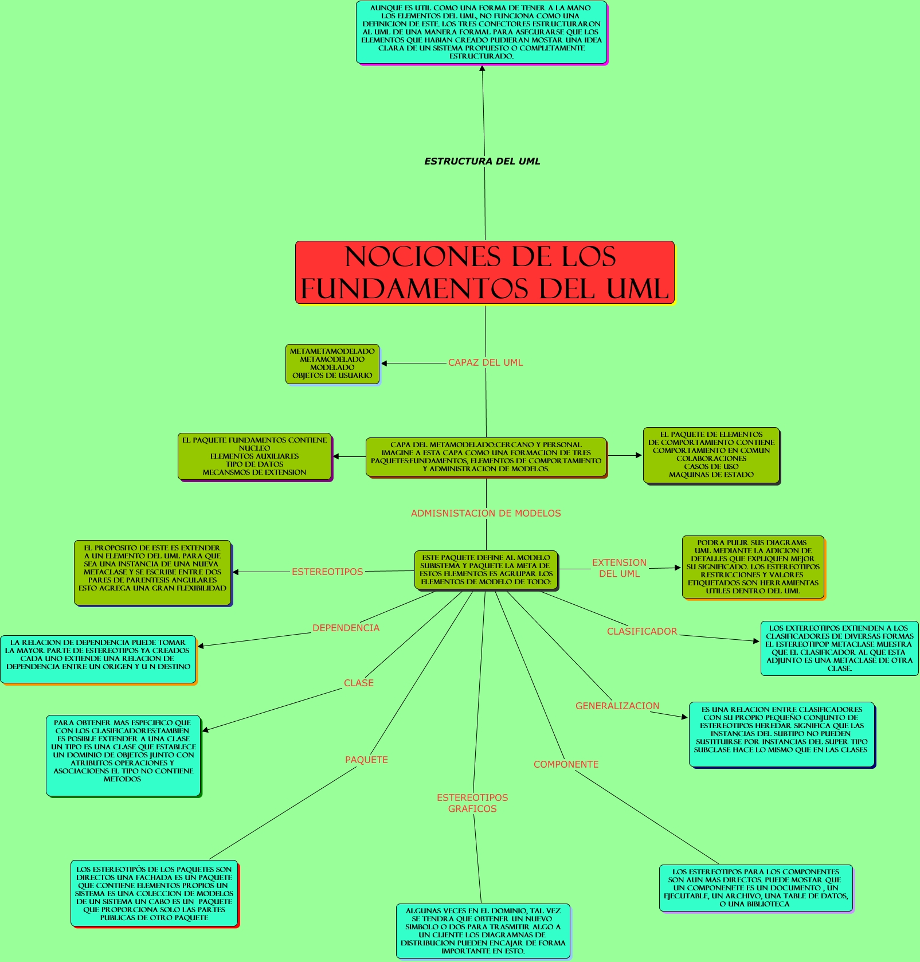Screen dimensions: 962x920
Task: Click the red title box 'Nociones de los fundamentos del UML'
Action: (485, 272)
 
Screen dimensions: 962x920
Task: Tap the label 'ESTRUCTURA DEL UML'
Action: (482, 161)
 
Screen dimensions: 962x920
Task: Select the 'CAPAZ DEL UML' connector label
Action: (486, 362)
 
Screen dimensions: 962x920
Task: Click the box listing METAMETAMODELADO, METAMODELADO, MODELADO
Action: (332, 363)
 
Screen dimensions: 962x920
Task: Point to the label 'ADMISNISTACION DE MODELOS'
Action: (486, 513)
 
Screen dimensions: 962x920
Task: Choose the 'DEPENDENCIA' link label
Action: (346, 628)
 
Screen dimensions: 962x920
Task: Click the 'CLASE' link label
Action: (359, 683)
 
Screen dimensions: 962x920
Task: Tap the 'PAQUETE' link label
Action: (366, 760)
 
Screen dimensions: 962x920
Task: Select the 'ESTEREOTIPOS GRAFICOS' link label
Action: (472, 803)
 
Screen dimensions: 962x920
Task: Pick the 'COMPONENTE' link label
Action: (566, 764)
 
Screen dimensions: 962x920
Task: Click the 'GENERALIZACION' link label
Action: (617, 706)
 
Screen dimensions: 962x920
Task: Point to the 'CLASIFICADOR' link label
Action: (642, 631)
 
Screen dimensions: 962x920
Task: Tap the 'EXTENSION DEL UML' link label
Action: (619, 568)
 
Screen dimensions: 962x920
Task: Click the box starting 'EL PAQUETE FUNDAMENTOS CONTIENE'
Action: (255, 456)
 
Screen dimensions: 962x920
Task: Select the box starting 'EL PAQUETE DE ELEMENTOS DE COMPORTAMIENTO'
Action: (711, 455)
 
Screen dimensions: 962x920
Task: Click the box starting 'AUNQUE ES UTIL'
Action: (481, 32)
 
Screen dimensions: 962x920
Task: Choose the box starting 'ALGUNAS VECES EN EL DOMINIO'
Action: (483, 930)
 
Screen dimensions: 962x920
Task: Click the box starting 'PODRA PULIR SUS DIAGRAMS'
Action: (753, 566)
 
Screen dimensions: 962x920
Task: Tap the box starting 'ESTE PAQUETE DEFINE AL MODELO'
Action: (486, 570)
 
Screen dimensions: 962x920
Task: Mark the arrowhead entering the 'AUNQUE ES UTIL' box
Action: (482, 68)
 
